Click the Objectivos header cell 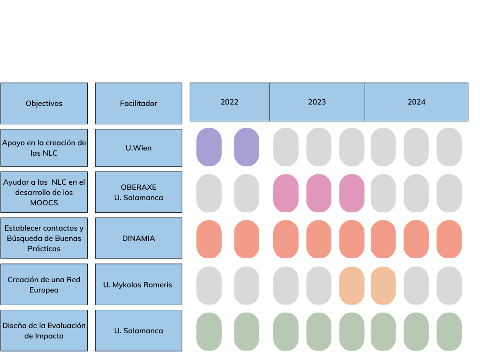tap(44, 104)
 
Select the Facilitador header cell tap(138, 104)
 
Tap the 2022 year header tap(230, 102)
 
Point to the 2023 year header tap(317, 102)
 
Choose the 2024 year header tap(416, 102)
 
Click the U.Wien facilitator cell tap(138, 148)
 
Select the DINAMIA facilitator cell tap(138, 238)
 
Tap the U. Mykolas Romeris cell tap(138, 285)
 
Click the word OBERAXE tap(138, 187)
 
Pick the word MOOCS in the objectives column tap(44, 202)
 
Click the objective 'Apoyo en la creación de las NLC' tap(44, 148)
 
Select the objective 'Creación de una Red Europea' tap(44, 285)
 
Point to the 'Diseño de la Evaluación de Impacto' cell tap(44, 330)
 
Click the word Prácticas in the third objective tap(44, 248)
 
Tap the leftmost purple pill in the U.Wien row tap(209, 147)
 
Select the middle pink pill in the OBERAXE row tap(319, 193)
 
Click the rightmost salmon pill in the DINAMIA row tap(449, 239)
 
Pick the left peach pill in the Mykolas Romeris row tap(352, 285)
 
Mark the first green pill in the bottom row tap(209, 331)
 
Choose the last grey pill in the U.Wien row tap(449, 147)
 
